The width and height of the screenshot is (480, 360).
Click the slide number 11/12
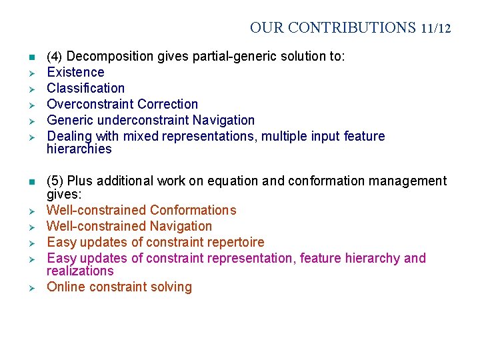[436, 29]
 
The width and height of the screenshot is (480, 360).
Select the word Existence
[75, 72]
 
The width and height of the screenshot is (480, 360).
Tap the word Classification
[85, 88]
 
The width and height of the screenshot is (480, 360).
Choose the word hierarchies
[79, 149]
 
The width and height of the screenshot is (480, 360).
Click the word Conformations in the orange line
[193, 210]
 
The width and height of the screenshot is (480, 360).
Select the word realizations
[80, 271]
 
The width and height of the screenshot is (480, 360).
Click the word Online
[65, 287]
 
